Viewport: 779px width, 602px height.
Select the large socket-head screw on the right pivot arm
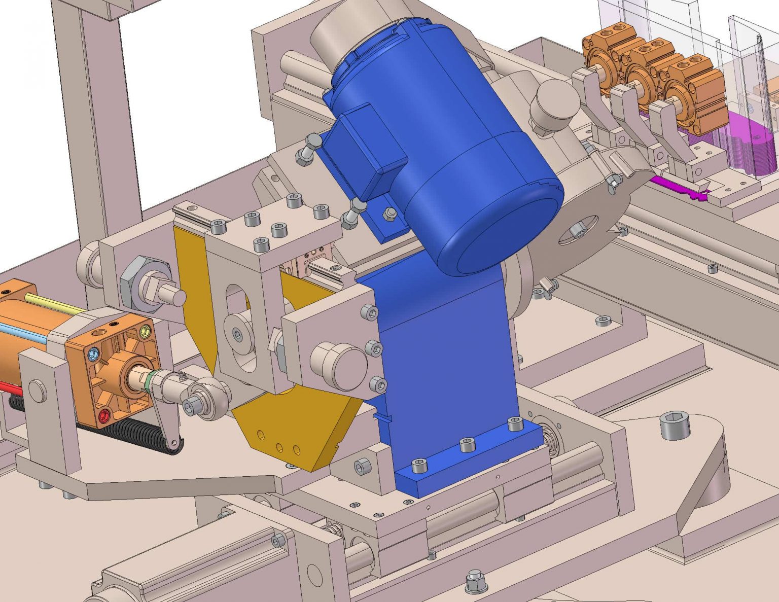(x=675, y=426)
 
